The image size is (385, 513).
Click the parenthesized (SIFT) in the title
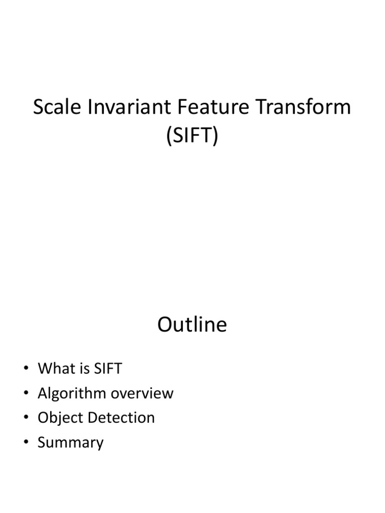192,135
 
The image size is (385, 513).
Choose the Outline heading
192,325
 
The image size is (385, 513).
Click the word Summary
71,443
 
